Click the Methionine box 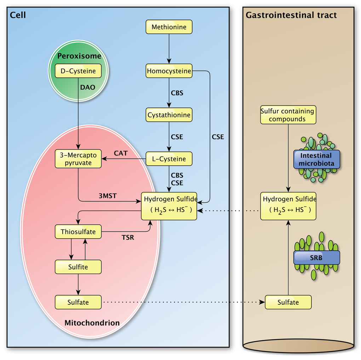click(x=169, y=27)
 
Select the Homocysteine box click(x=169, y=71)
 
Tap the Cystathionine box click(x=169, y=115)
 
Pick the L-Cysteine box click(x=169, y=159)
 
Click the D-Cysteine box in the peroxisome click(x=78, y=71)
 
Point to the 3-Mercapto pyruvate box click(x=78, y=159)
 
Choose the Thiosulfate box click(x=78, y=232)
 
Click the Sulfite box click(x=78, y=267)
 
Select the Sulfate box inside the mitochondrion click(x=78, y=302)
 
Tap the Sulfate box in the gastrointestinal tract click(x=288, y=302)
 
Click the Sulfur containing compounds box click(x=288, y=115)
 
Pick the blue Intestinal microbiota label click(x=316, y=159)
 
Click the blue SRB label click(x=316, y=258)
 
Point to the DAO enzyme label click(x=88, y=87)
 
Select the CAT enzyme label click(x=120, y=153)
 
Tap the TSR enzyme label click(x=128, y=238)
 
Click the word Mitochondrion click(x=92, y=323)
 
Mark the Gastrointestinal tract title click(x=291, y=15)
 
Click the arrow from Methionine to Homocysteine click(x=169, y=48)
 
